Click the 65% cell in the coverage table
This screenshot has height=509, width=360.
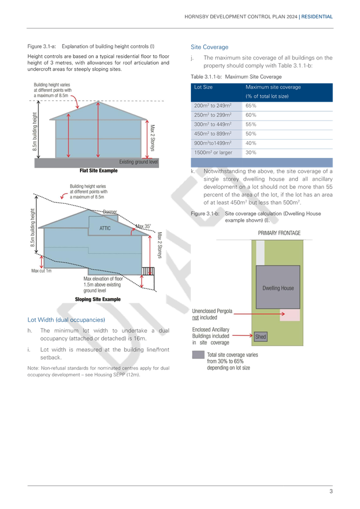click(251, 106)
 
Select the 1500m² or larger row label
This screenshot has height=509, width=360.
click(213, 153)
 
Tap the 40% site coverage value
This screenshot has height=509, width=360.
click(251, 143)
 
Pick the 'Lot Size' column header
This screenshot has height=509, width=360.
click(203, 87)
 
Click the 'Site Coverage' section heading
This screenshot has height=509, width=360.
click(210, 47)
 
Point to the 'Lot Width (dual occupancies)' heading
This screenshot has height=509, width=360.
click(66, 320)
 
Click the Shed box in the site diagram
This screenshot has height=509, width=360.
click(261, 336)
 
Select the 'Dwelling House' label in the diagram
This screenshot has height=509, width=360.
click(278, 288)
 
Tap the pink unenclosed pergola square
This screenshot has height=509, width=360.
click(290, 315)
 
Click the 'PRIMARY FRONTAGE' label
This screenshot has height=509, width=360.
click(279, 233)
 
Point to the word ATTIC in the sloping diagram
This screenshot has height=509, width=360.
click(105, 228)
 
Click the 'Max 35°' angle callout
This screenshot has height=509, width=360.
click(143, 226)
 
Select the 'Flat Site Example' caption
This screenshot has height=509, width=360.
click(98, 171)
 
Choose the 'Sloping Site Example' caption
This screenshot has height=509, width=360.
click(98, 299)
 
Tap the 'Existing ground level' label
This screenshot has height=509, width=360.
click(138, 162)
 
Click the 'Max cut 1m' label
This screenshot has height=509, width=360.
click(41, 271)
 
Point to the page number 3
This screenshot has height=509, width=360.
click(331, 491)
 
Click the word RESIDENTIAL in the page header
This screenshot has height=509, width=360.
click(317, 17)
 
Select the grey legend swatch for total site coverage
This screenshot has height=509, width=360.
click(198, 355)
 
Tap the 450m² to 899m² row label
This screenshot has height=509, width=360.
click(213, 134)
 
